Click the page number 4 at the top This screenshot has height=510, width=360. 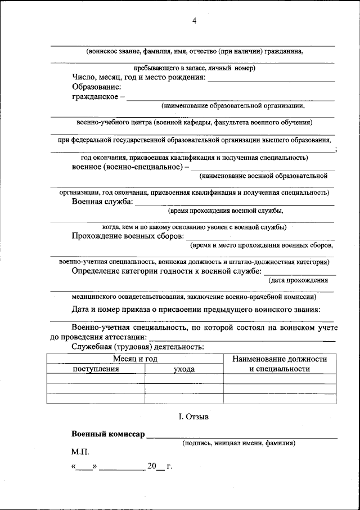tap(194, 21)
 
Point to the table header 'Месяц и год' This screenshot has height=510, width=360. tap(134, 359)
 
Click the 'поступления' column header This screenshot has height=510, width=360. tap(96, 369)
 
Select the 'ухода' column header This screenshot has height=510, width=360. tap(184, 369)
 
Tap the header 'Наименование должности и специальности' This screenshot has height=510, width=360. tap(280, 364)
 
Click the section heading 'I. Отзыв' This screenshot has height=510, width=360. tap(193, 417)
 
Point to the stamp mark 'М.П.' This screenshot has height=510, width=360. tap(80, 451)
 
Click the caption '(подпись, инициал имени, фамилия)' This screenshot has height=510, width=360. tap(238, 443)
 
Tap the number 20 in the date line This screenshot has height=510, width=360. tap(152, 467)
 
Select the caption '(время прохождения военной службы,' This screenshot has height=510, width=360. tap(225, 211)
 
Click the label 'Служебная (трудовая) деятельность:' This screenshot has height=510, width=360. tap(138, 346)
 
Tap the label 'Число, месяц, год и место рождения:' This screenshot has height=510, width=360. tap(138, 77)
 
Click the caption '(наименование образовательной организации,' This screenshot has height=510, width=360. tap(233, 105)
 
